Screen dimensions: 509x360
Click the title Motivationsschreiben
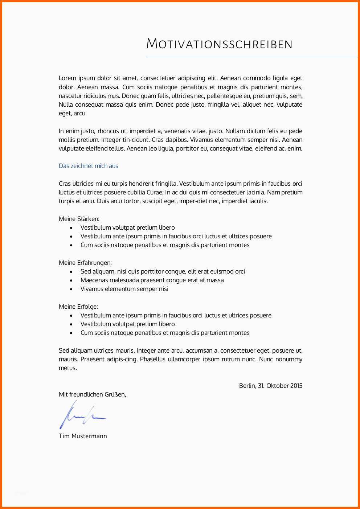point(219,44)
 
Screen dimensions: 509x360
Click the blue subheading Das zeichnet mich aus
point(89,166)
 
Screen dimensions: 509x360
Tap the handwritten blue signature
point(82,415)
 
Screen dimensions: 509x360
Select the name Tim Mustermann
point(83,436)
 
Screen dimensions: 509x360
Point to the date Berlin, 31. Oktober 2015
point(270,386)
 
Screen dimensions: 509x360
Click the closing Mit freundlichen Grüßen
point(92,394)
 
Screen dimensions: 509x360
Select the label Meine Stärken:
point(79,219)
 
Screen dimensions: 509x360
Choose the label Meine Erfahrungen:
point(85,263)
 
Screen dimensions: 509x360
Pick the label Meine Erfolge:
point(78,307)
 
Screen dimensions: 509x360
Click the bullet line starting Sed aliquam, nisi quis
point(163,271)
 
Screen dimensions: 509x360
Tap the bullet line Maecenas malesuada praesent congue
point(152,280)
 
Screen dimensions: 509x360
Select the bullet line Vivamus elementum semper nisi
point(124,289)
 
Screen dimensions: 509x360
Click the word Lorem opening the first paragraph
point(67,78)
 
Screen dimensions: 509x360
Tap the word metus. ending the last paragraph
point(68,368)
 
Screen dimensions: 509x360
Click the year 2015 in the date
point(296,386)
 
